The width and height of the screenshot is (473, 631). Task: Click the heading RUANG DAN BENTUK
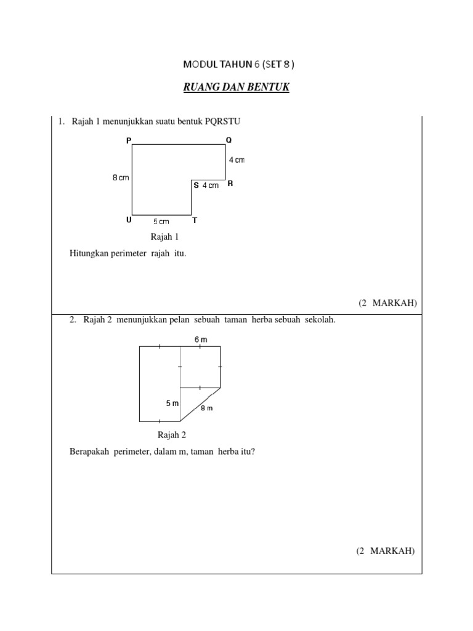[236, 88]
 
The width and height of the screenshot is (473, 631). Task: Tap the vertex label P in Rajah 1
[129, 140]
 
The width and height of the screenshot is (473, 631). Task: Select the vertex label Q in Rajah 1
[229, 140]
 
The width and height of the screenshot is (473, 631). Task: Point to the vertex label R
[230, 184]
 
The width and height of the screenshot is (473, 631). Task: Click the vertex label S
[196, 185]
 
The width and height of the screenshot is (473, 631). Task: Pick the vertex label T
[195, 220]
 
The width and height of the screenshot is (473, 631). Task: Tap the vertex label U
[129, 220]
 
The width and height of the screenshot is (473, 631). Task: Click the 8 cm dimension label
[120, 177]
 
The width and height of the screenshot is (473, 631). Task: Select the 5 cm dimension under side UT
[161, 222]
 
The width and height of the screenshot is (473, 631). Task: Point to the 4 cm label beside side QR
[236, 160]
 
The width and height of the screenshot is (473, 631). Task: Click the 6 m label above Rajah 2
[201, 340]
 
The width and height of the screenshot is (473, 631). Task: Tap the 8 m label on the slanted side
[206, 408]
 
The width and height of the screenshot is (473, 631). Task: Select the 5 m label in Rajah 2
[172, 403]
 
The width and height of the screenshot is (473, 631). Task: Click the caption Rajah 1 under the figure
[164, 237]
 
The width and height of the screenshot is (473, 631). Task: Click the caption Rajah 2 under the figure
[172, 435]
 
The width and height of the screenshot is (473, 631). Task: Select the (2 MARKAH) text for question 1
[387, 303]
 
